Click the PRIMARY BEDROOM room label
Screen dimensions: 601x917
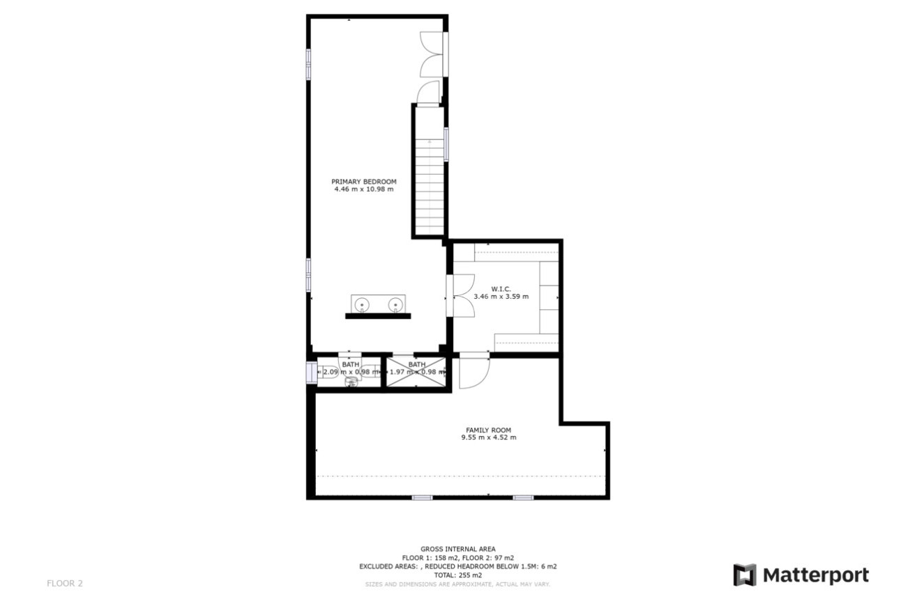[363, 182]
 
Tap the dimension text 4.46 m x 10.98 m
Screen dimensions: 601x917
[363, 189]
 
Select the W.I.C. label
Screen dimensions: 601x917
[501, 288]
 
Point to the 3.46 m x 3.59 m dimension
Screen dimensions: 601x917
[501, 297]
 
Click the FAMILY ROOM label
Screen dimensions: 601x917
[488, 430]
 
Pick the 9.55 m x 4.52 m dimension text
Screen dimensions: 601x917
[488, 438]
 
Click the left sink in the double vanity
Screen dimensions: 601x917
[362, 304]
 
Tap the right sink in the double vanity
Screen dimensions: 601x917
[395, 304]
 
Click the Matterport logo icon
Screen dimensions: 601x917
[744, 575]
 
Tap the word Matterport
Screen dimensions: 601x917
[816, 575]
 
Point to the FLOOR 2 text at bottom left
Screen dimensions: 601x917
[64, 584]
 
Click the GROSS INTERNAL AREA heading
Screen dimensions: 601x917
[457, 549]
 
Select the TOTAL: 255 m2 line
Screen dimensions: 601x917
[457, 575]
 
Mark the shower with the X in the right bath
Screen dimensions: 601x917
[416, 373]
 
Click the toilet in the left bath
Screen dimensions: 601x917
[350, 380]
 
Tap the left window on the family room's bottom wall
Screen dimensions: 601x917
[422, 497]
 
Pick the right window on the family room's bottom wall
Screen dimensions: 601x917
[523, 497]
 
